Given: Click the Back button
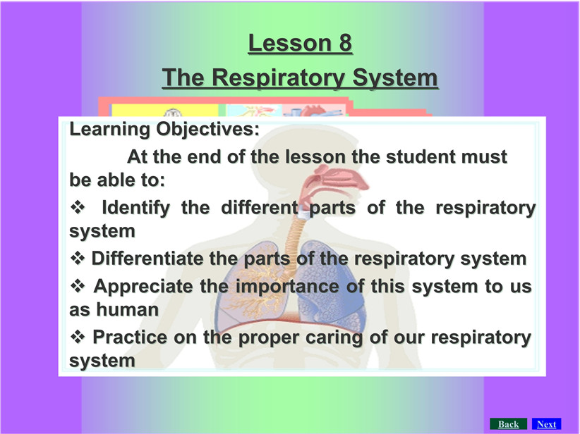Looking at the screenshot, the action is pos(508,424).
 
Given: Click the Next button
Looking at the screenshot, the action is pos(546,424).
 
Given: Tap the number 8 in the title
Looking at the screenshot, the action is pos(344,43).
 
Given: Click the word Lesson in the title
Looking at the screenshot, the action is pos(289,43).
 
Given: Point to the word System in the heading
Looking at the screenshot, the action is pos(394,78).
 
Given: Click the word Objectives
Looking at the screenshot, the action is pos(207,129).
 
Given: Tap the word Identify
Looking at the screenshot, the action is pos(135,208).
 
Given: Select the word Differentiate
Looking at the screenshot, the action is pos(147,258).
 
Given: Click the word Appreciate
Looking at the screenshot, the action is pos(143,287).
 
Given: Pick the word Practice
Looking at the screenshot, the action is pos(129,337).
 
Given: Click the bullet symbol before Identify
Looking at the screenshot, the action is pos(78,207).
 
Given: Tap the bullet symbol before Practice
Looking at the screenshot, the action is pos(78,337).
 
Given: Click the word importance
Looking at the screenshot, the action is pos(287,287).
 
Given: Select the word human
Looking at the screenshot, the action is pos(127,309).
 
